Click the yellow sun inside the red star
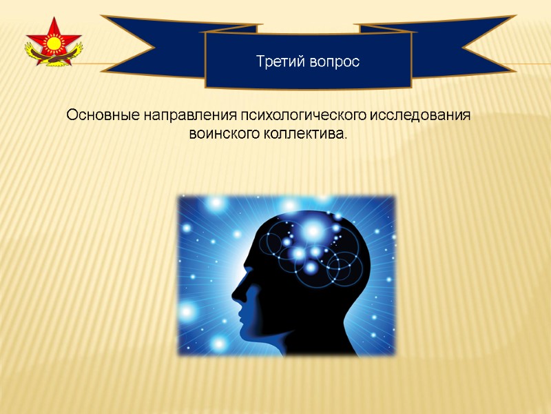pyautogui.click(x=53, y=43)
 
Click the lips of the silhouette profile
pyautogui.click(x=241, y=313)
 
